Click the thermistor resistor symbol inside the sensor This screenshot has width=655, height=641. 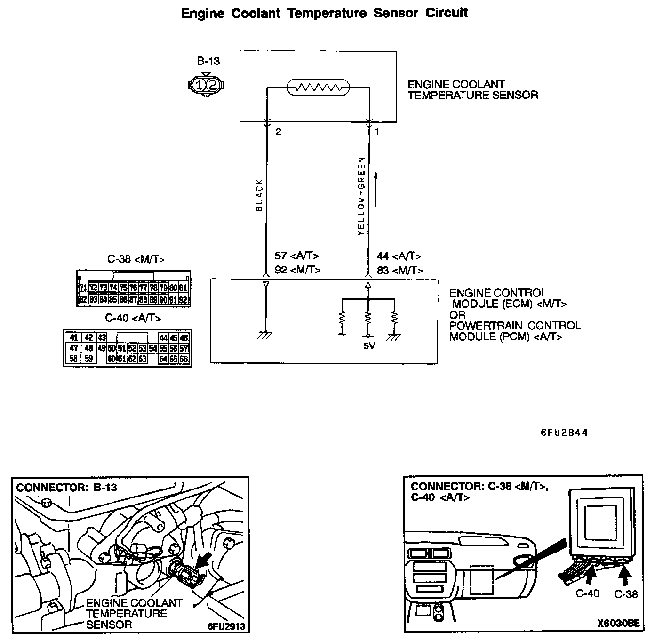click(x=318, y=87)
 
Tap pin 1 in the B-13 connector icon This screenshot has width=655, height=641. click(x=200, y=85)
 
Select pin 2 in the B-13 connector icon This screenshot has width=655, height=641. click(x=213, y=85)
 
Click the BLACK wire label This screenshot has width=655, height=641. click(x=259, y=195)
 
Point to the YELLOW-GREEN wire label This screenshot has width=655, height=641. click(x=361, y=196)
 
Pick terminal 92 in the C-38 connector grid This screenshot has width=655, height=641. click(x=184, y=299)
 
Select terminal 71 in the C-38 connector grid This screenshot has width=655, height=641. click(x=83, y=288)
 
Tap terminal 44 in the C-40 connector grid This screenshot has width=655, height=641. click(x=163, y=338)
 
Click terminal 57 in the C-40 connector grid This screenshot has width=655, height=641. click(x=184, y=348)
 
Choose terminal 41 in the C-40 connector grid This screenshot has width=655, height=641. click(x=73, y=338)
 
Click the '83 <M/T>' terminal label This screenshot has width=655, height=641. click(x=400, y=271)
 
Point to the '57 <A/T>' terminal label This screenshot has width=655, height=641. click(x=297, y=256)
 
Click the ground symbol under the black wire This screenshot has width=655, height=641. click(x=265, y=335)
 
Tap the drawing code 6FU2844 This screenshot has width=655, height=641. click(x=564, y=433)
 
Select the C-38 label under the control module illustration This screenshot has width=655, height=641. click(x=626, y=594)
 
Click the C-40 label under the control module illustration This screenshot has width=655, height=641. click(x=587, y=593)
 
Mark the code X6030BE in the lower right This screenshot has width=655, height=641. click(x=618, y=624)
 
